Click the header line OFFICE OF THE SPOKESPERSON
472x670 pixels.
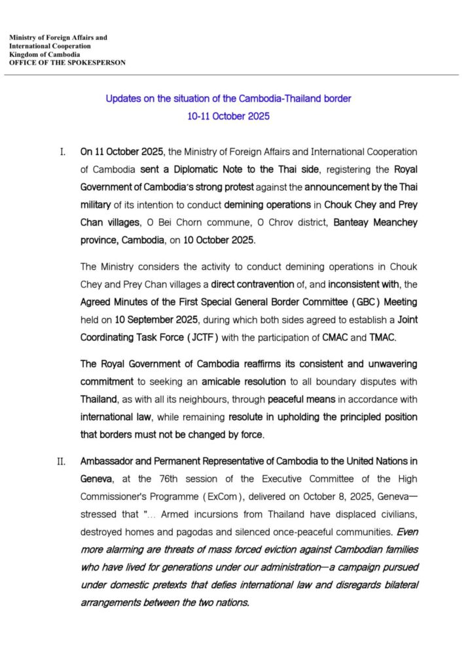[x=67, y=63]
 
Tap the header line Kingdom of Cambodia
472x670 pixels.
[x=43, y=54]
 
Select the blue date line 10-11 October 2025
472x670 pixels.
[x=228, y=116]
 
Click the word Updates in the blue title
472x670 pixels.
[x=124, y=99]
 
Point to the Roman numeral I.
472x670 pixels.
[x=62, y=152]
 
